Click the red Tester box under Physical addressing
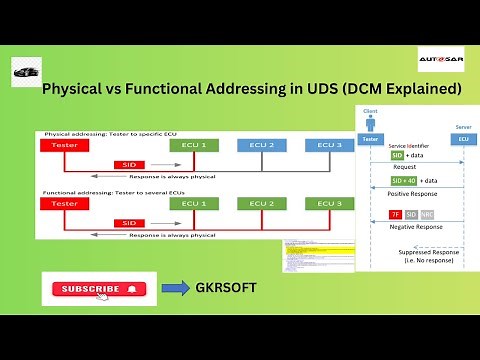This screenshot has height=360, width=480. (65, 146)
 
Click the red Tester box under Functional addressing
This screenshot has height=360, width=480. (65, 204)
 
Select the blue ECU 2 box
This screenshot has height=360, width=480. (261, 146)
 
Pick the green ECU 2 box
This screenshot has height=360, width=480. (261, 204)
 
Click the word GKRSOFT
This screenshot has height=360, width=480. (227, 288)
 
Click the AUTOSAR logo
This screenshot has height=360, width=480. (439, 63)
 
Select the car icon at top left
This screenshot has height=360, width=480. (27, 71)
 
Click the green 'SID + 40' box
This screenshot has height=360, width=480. (403, 181)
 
